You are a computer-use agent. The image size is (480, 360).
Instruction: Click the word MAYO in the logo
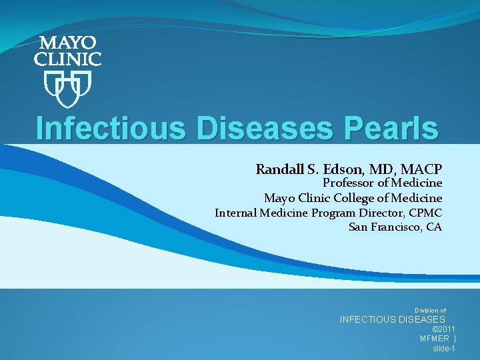(x=67, y=44)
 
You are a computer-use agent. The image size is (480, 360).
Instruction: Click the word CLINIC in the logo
(x=67, y=59)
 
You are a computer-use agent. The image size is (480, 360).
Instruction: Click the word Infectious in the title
(x=111, y=128)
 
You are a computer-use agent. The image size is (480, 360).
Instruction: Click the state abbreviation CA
(x=433, y=227)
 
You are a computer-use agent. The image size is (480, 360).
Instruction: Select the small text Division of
(x=430, y=310)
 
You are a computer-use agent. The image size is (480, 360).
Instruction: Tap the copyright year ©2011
(x=444, y=329)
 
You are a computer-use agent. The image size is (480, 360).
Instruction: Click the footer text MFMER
(x=433, y=339)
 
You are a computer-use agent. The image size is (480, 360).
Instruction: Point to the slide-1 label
(x=444, y=348)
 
